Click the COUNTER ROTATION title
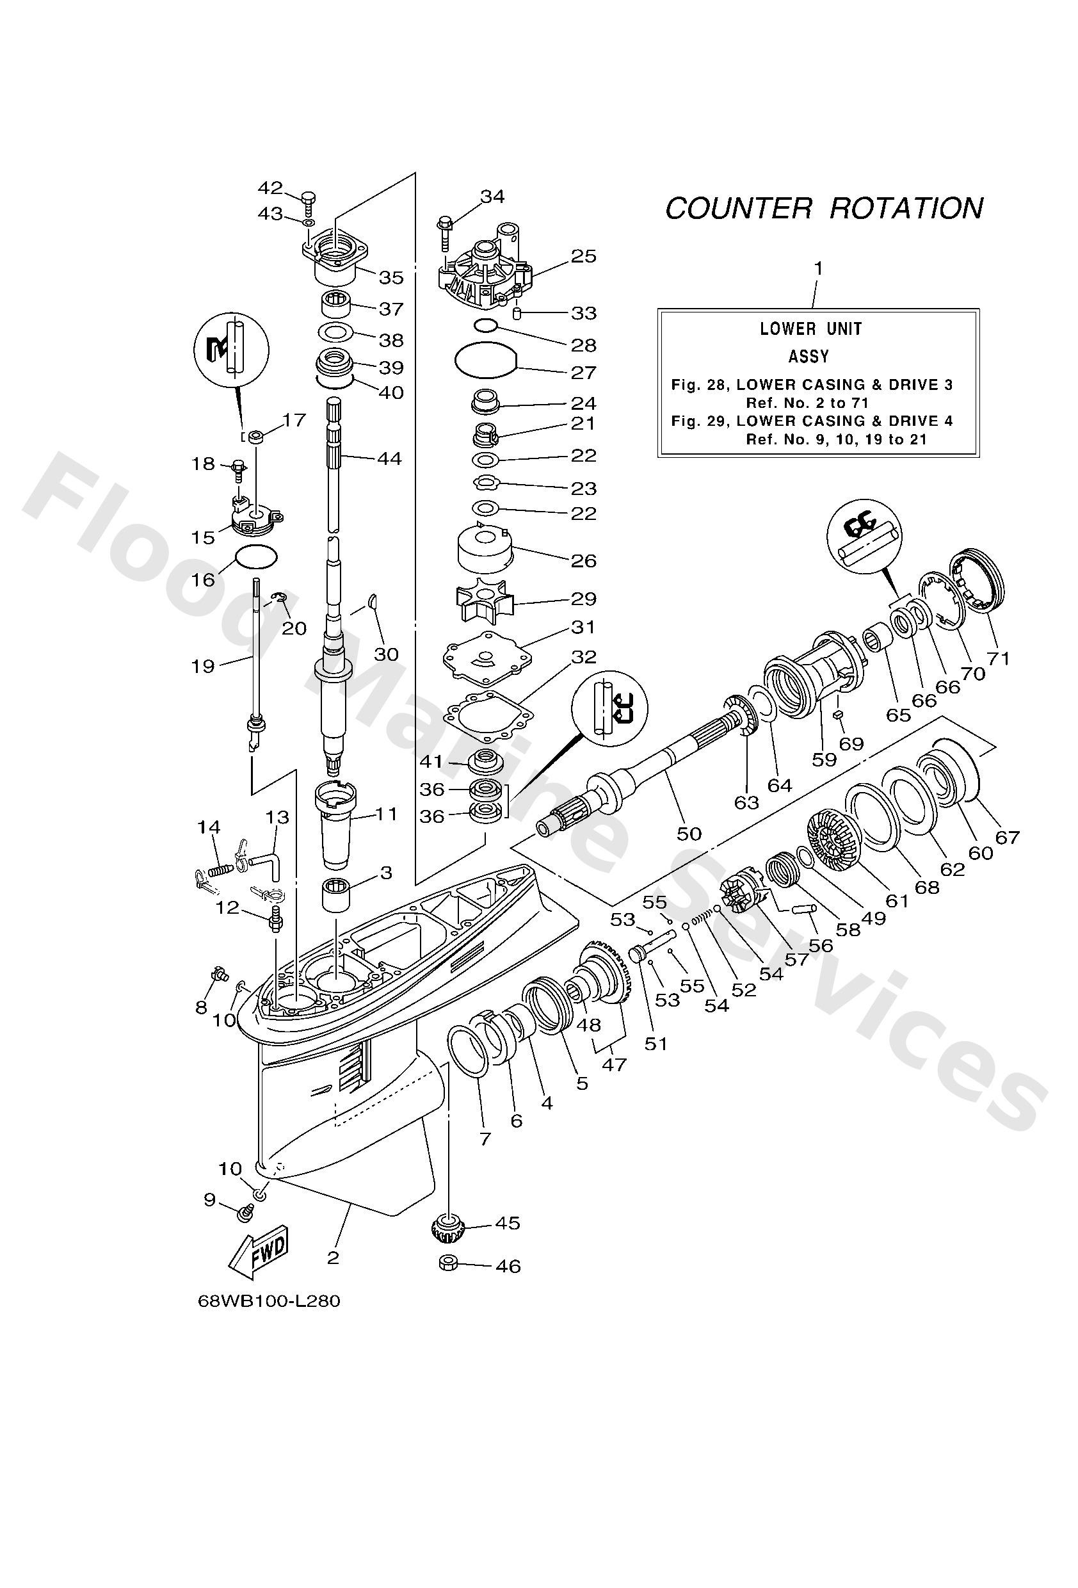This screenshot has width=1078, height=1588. click(824, 208)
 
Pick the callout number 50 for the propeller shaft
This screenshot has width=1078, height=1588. click(689, 834)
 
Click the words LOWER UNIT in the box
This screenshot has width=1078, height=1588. click(811, 328)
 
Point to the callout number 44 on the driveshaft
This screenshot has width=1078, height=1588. click(390, 458)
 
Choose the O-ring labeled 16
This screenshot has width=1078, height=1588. click(256, 557)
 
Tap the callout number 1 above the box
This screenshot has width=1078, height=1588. click(817, 268)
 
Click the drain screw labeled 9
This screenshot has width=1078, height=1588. click(244, 1213)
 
